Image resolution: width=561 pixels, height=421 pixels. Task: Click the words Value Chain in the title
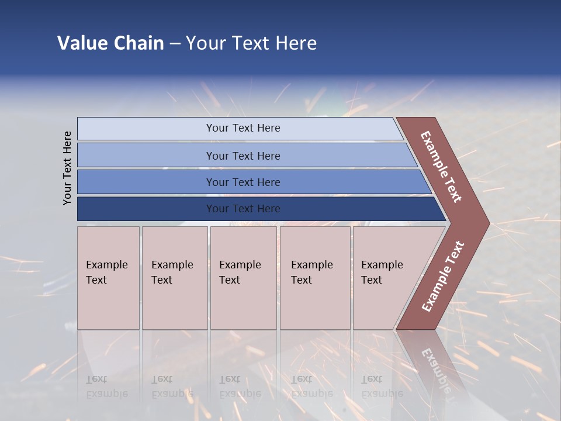(110, 43)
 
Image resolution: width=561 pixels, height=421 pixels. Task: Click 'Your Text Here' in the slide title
(251, 43)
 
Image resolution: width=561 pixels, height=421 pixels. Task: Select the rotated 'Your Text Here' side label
(67, 168)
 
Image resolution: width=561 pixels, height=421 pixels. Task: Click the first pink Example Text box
(108, 278)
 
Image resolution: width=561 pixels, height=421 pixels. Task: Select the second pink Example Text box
(175, 278)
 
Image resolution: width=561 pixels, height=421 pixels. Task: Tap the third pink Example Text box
(243, 278)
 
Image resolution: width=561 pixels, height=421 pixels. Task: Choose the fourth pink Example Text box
(315, 278)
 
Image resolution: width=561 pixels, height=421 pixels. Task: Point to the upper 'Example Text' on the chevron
(441, 167)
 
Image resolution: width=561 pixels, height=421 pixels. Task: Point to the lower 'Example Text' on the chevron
(442, 277)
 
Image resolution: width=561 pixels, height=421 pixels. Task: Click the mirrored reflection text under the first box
(106, 387)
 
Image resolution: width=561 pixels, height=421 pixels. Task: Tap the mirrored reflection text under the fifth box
(381, 387)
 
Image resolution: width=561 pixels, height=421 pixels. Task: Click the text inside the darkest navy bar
(243, 209)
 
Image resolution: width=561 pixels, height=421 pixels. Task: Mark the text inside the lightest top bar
(243, 128)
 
